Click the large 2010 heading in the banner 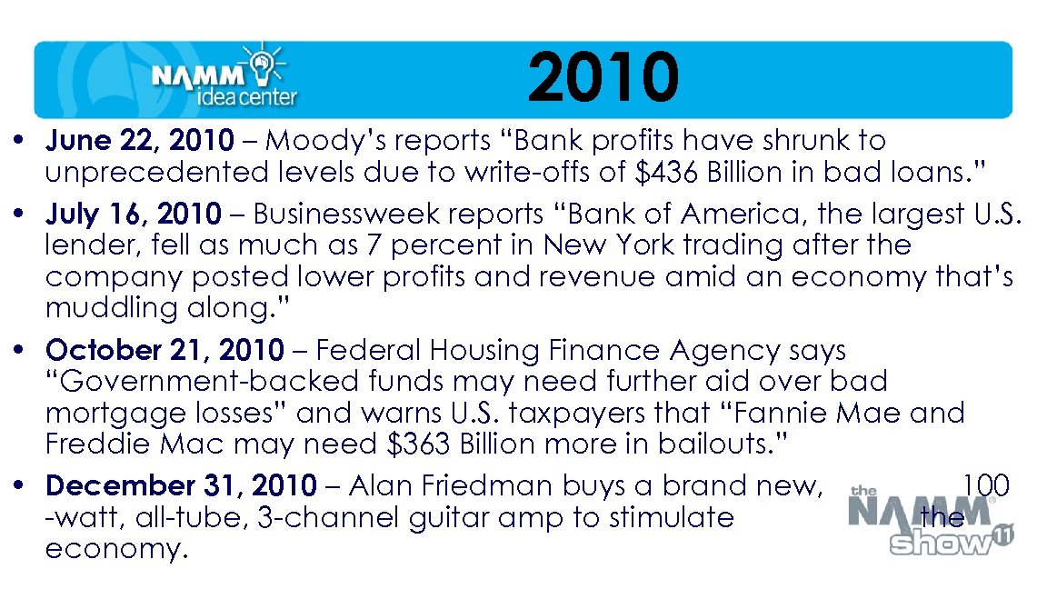[x=603, y=77]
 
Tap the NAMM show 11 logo [x=931, y=524]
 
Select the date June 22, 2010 [x=140, y=141]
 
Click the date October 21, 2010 [x=165, y=350]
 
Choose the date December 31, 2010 [x=181, y=486]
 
